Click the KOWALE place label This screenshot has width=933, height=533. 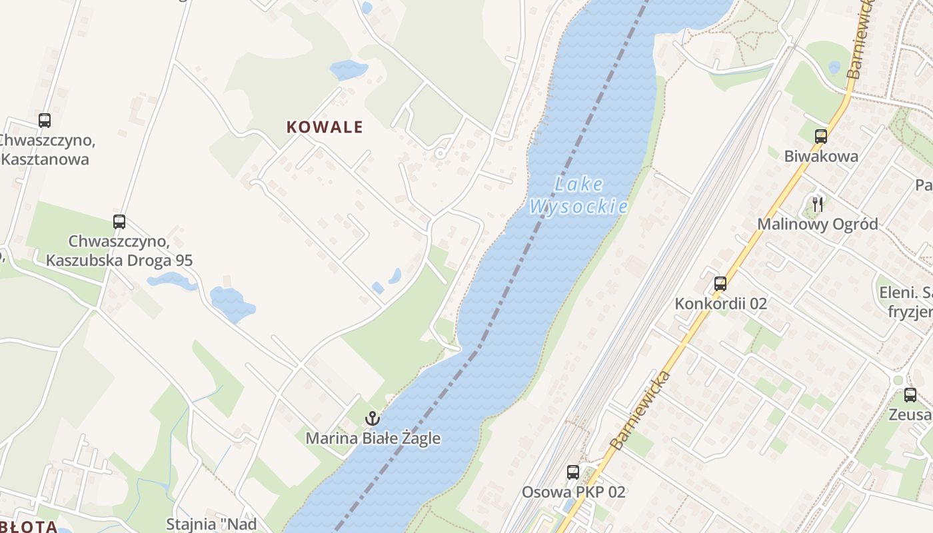pos(325,127)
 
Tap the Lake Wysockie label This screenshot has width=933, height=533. pos(578,195)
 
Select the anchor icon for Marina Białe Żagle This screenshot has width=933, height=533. pos(373,419)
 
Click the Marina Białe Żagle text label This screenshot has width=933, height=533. pos(373,438)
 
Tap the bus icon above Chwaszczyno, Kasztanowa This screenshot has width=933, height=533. pos(45,121)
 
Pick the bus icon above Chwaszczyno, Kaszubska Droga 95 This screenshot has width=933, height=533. pos(119,222)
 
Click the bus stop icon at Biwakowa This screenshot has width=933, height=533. pos(821,137)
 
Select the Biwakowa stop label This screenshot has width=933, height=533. pos(821,157)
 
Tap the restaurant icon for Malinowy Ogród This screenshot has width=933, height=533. pos(818,204)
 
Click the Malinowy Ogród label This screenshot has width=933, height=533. pos(817,224)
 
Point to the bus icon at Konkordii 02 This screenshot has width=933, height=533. pos(720,284)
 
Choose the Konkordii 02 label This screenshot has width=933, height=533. pos(720,304)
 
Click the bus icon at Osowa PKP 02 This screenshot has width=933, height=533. pos(573,472)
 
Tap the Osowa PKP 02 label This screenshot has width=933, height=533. pos(573,492)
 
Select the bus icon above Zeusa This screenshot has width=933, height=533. pos(910,395)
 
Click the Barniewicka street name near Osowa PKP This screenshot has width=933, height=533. pos(639,410)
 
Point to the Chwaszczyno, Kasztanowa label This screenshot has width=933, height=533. pos(45,150)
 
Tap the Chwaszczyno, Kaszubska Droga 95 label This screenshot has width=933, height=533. pos(119,251)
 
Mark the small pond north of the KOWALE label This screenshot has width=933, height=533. pos(348,69)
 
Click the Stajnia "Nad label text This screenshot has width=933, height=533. pos(211,524)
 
